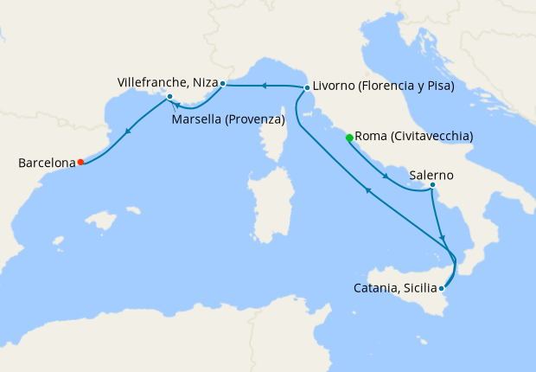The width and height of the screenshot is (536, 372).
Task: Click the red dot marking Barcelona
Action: (80, 162)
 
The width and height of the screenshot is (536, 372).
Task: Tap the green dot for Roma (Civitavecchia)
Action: (349, 138)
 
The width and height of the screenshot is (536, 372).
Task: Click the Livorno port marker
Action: (307, 87)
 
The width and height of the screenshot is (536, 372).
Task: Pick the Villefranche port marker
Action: (222, 84)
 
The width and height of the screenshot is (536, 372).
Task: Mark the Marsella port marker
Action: (170, 97)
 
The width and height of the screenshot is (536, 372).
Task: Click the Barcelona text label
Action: (45, 162)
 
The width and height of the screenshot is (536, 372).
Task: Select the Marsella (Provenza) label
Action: (228, 119)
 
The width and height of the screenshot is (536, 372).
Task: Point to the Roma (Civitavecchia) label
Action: (414, 137)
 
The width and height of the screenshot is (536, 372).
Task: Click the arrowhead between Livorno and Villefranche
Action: (265, 85)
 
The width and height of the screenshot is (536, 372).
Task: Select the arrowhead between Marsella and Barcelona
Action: (129, 131)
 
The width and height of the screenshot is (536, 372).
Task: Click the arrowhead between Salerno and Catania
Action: (443, 238)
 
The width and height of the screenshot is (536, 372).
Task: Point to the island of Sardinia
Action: (268, 203)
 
